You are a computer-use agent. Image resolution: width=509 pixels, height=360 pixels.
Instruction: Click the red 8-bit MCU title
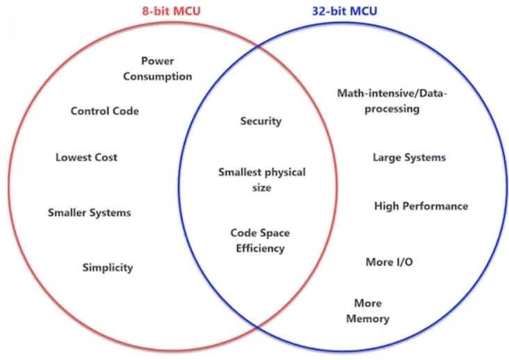coord(171,10)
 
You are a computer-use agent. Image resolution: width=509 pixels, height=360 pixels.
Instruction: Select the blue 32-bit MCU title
coord(344,10)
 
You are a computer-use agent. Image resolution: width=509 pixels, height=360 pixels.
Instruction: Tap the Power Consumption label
coord(157,68)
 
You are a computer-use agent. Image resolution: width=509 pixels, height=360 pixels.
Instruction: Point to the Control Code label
coord(104,111)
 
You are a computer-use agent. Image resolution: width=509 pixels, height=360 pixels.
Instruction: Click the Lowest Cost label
coord(86,157)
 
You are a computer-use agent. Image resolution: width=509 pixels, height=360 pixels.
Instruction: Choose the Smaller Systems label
coord(89,213)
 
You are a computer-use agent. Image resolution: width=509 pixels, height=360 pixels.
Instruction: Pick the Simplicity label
coord(108,268)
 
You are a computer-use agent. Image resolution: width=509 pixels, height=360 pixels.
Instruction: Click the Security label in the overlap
coord(261,121)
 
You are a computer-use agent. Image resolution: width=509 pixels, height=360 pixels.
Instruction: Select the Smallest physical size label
coord(261,180)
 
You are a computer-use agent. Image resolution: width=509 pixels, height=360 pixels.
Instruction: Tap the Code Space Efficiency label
coord(260,240)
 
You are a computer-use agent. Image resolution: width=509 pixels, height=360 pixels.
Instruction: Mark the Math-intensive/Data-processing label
coord(392,101)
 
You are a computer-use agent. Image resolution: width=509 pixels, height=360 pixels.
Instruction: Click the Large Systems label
coord(409,157)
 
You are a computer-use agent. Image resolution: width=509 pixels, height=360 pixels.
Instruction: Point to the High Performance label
coord(421,206)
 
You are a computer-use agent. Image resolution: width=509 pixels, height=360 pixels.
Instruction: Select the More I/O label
coord(389,262)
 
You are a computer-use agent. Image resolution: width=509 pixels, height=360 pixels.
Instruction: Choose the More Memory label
coord(368,311)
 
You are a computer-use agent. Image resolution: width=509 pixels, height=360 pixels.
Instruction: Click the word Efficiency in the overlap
coord(260,248)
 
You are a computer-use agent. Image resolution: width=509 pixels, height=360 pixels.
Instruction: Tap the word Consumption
coord(157,76)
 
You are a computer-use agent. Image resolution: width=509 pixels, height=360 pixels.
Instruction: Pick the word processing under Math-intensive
coord(392,109)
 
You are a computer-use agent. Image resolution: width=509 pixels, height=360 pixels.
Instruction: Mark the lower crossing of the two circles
coord(258,326)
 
